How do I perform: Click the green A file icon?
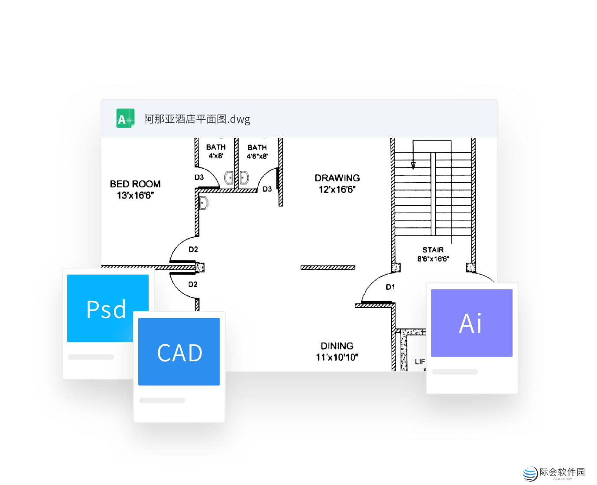[x=125, y=118]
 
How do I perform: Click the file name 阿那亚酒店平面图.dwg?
[x=197, y=119]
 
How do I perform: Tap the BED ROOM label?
[x=135, y=184]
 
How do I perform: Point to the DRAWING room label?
[x=337, y=178]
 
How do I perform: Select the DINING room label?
[x=337, y=346]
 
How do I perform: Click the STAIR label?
[x=433, y=250]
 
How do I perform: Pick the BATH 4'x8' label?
[x=216, y=151]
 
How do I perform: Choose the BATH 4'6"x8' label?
[x=257, y=152]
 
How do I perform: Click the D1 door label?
[x=390, y=287]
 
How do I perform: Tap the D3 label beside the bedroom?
[x=199, y=177]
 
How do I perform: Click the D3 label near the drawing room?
[x=267, y=189]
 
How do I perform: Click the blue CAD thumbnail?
[x=179, y=352]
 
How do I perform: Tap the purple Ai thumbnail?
[x=471, y=323]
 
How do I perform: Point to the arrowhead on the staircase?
[x=413, y=165]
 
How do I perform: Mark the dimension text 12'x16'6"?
[x=337, y=190]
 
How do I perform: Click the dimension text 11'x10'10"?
[x=337, y=357]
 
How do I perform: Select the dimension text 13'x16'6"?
[x=135, y=196]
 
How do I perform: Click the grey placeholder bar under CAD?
[x=162, y=400]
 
